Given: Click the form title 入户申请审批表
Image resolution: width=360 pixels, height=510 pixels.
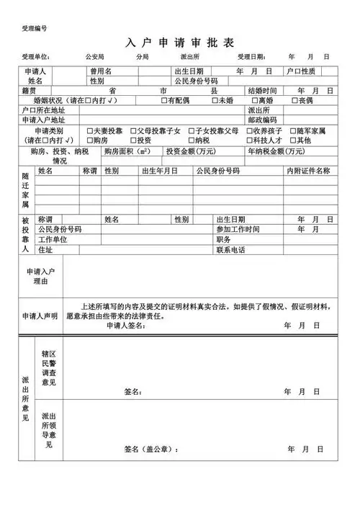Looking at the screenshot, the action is [180, 42].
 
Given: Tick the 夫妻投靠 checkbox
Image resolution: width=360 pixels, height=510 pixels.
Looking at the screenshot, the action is [89, 131].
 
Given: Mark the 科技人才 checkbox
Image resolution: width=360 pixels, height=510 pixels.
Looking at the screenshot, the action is [249, 140].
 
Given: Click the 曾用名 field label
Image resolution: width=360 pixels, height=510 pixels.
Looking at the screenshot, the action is [100, 72].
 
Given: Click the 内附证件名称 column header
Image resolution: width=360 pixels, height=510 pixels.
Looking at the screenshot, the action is [308, 171].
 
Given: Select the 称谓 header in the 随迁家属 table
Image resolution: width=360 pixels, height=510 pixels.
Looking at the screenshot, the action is [89, 171].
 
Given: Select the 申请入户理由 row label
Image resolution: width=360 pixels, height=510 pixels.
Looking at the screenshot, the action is [40, 277].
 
